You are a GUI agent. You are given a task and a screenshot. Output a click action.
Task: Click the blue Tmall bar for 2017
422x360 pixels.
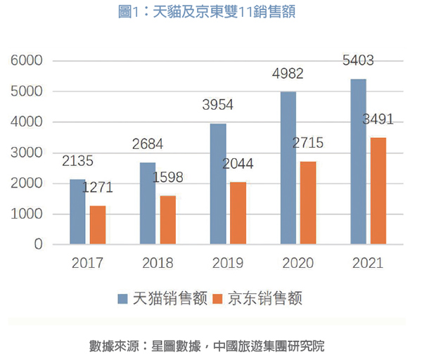click(x=77, y=212)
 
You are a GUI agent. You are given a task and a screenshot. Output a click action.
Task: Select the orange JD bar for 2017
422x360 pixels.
click(x=98, y=225)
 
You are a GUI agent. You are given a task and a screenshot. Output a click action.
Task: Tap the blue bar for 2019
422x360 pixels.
click(x=218, y=184)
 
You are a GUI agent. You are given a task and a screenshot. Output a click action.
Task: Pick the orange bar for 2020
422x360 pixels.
click(x=309, y=202)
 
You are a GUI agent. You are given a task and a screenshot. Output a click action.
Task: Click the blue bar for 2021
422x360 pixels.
click(x=358, y=162)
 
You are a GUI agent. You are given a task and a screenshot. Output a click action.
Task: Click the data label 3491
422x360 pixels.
click(x=378, y=120)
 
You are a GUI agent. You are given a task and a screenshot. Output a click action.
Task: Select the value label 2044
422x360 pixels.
click(x=238, y=165)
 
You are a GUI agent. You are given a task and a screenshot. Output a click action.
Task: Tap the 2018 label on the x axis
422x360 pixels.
click(x=158, y=264)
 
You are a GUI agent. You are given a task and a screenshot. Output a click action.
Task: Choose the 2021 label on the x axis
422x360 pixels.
click(x=368, y=264)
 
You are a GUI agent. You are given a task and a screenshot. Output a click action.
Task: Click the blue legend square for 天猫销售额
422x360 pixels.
click(x=121, y=300)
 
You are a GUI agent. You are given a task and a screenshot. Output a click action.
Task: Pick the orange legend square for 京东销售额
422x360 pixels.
click(x=217, y=300)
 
